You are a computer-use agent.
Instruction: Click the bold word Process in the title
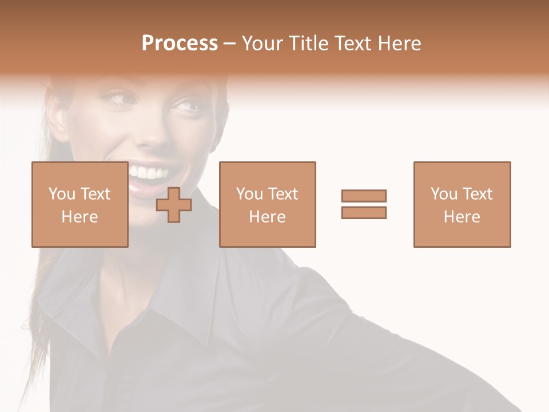180,43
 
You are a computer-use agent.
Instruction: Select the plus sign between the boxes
174,204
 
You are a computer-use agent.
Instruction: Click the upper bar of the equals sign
364,196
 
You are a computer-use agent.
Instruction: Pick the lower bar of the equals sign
364,212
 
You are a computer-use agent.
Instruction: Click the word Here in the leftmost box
79,217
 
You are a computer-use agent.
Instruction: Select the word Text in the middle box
283,194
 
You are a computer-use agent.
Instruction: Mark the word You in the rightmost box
444,194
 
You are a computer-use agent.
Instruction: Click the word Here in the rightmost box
462,217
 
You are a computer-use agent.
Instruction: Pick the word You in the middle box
250,194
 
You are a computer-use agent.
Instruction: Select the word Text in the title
354,43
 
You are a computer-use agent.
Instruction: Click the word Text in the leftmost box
96,194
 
